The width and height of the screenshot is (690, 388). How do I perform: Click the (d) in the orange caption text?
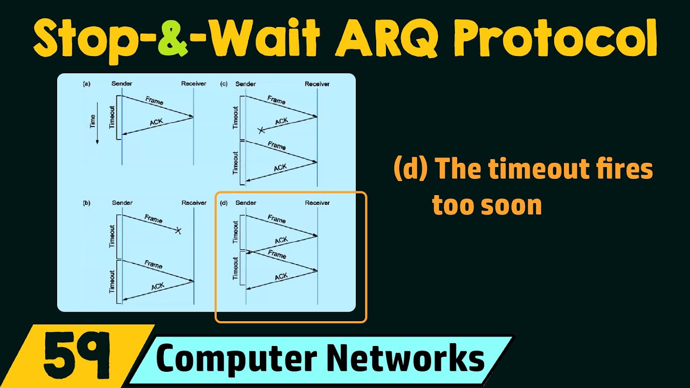pos(411,170)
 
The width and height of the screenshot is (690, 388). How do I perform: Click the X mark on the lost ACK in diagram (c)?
pos(262,130)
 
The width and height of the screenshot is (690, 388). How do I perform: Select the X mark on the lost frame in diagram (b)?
pos(178,231)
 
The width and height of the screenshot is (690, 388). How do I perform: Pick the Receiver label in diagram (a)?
pos(194,84)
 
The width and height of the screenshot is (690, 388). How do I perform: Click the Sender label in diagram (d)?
pos(246,203)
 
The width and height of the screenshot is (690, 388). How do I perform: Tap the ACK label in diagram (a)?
pos(156,122)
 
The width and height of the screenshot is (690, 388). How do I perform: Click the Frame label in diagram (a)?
pos(154,101)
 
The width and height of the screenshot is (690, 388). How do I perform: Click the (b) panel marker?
pos(86,203)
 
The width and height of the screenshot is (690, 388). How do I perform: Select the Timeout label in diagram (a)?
pos(112,117)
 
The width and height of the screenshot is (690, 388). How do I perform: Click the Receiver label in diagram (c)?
pos(317,84)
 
